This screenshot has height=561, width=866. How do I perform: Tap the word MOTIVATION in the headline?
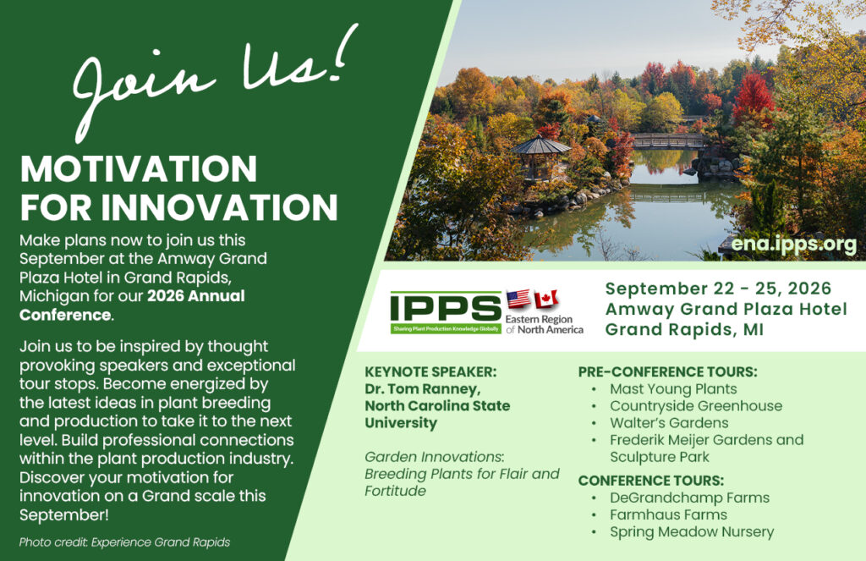[x=139, y=168]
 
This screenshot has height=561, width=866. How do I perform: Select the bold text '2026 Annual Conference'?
[x=132, y=305]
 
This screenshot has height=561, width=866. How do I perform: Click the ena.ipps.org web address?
[x=793, y=245]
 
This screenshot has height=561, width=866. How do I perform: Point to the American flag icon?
[x=518, y=299]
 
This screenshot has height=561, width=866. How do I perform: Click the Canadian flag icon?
[x=546, y=299]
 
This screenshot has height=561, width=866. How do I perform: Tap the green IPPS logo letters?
[x=445, y=308]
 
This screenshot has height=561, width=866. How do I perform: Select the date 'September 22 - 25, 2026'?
[x=718, y=289]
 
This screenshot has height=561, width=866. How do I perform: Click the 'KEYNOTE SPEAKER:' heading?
[x=430, y=372]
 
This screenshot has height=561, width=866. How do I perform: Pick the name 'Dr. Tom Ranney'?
[x=423, y=389]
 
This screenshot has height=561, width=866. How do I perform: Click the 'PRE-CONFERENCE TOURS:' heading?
[x=668, y=372]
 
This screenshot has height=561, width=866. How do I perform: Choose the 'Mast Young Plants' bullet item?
[x=673, y=389]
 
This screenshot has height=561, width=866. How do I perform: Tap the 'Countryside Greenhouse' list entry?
[x=696, y=406]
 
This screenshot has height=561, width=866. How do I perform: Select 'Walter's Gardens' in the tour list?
[x=669, y=423]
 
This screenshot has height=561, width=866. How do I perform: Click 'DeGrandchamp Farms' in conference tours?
[x=689, y=498]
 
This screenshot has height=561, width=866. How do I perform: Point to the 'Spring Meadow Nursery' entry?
[x=692, y=532]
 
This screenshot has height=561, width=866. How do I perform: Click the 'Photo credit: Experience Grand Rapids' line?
[x=125, y=542]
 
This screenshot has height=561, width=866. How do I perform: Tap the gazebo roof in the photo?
[x=540, y=146]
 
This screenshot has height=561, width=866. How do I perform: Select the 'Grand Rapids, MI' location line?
[x=684, y=329]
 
